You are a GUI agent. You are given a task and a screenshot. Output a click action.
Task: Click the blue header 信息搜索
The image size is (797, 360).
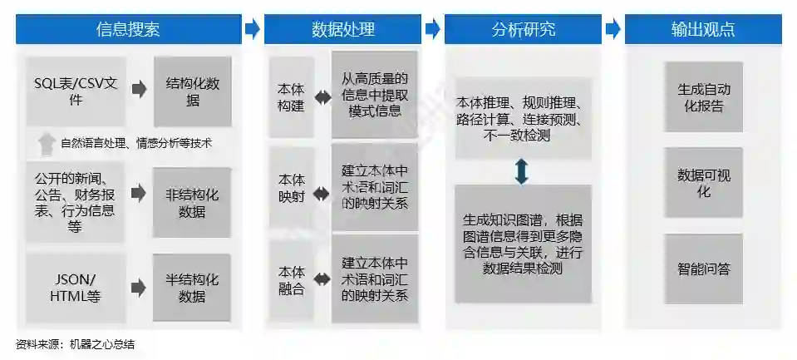click(128, 29)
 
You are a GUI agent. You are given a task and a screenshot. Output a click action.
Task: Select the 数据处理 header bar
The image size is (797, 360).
click(342, 29)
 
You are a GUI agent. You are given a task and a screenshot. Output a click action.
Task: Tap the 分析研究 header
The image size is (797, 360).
click(523, 29)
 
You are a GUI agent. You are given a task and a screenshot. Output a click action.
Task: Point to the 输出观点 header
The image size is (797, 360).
click(703, 29)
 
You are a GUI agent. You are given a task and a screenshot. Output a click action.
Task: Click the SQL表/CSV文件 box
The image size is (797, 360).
click(76, 91)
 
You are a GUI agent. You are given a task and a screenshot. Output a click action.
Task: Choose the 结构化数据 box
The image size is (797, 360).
click(192, 91)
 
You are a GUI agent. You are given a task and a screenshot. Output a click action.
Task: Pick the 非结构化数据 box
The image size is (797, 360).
click(192, 202)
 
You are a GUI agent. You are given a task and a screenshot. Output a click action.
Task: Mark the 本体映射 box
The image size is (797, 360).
click(291, 189)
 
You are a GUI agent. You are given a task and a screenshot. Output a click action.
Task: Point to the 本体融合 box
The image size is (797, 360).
click(291, 280)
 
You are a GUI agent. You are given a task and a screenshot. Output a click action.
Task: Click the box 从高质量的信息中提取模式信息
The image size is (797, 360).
click(374, 94)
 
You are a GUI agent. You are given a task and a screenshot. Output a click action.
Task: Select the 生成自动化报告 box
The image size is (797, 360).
click(703, 96)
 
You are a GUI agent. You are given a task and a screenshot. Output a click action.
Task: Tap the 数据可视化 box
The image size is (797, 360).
click(703, 183)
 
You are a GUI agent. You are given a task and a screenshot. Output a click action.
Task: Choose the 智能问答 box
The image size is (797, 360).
click(703, 269)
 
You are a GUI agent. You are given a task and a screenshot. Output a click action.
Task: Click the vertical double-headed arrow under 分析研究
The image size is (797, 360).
click(522, 171)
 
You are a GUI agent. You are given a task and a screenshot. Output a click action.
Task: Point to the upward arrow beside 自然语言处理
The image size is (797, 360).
click(46, 143)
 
